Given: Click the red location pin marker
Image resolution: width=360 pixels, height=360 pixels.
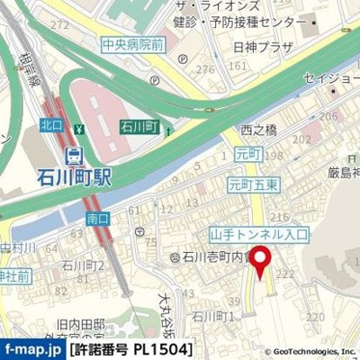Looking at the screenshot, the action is tap(262, 262).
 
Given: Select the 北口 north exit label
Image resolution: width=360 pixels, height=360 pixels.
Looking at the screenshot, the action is tap(50, 128).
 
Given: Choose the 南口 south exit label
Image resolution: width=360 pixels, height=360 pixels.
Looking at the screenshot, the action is tap(97, 218).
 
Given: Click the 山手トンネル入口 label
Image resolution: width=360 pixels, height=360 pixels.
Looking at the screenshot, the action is tap(258, 234).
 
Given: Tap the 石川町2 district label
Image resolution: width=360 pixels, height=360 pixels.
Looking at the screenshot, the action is tap(82, 265).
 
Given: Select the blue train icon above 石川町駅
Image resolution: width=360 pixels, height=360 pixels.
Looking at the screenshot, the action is tap(74, 153).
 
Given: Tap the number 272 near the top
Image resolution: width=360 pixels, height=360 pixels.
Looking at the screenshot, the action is tap(60, 24).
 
